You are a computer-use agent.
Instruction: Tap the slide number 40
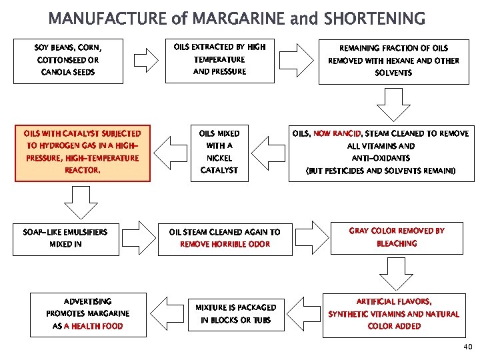pos(467,347)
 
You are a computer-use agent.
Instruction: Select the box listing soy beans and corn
pos(69,60)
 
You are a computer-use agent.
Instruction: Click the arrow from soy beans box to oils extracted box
pos(144,60)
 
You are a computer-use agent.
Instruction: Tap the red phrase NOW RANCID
pos(337,133)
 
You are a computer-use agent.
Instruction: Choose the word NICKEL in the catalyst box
pos(219,158)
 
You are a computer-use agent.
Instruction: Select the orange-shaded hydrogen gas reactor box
pos(83,152)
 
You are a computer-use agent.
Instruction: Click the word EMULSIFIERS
pos(87,232)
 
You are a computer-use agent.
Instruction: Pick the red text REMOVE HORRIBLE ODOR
pos(225,244)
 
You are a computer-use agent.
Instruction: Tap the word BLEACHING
pos(397,243)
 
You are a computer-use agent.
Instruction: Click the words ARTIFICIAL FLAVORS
pos(394,301)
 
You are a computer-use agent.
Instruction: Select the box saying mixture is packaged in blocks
pos(235,313)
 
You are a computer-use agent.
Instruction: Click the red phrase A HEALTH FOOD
pos(94,327)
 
